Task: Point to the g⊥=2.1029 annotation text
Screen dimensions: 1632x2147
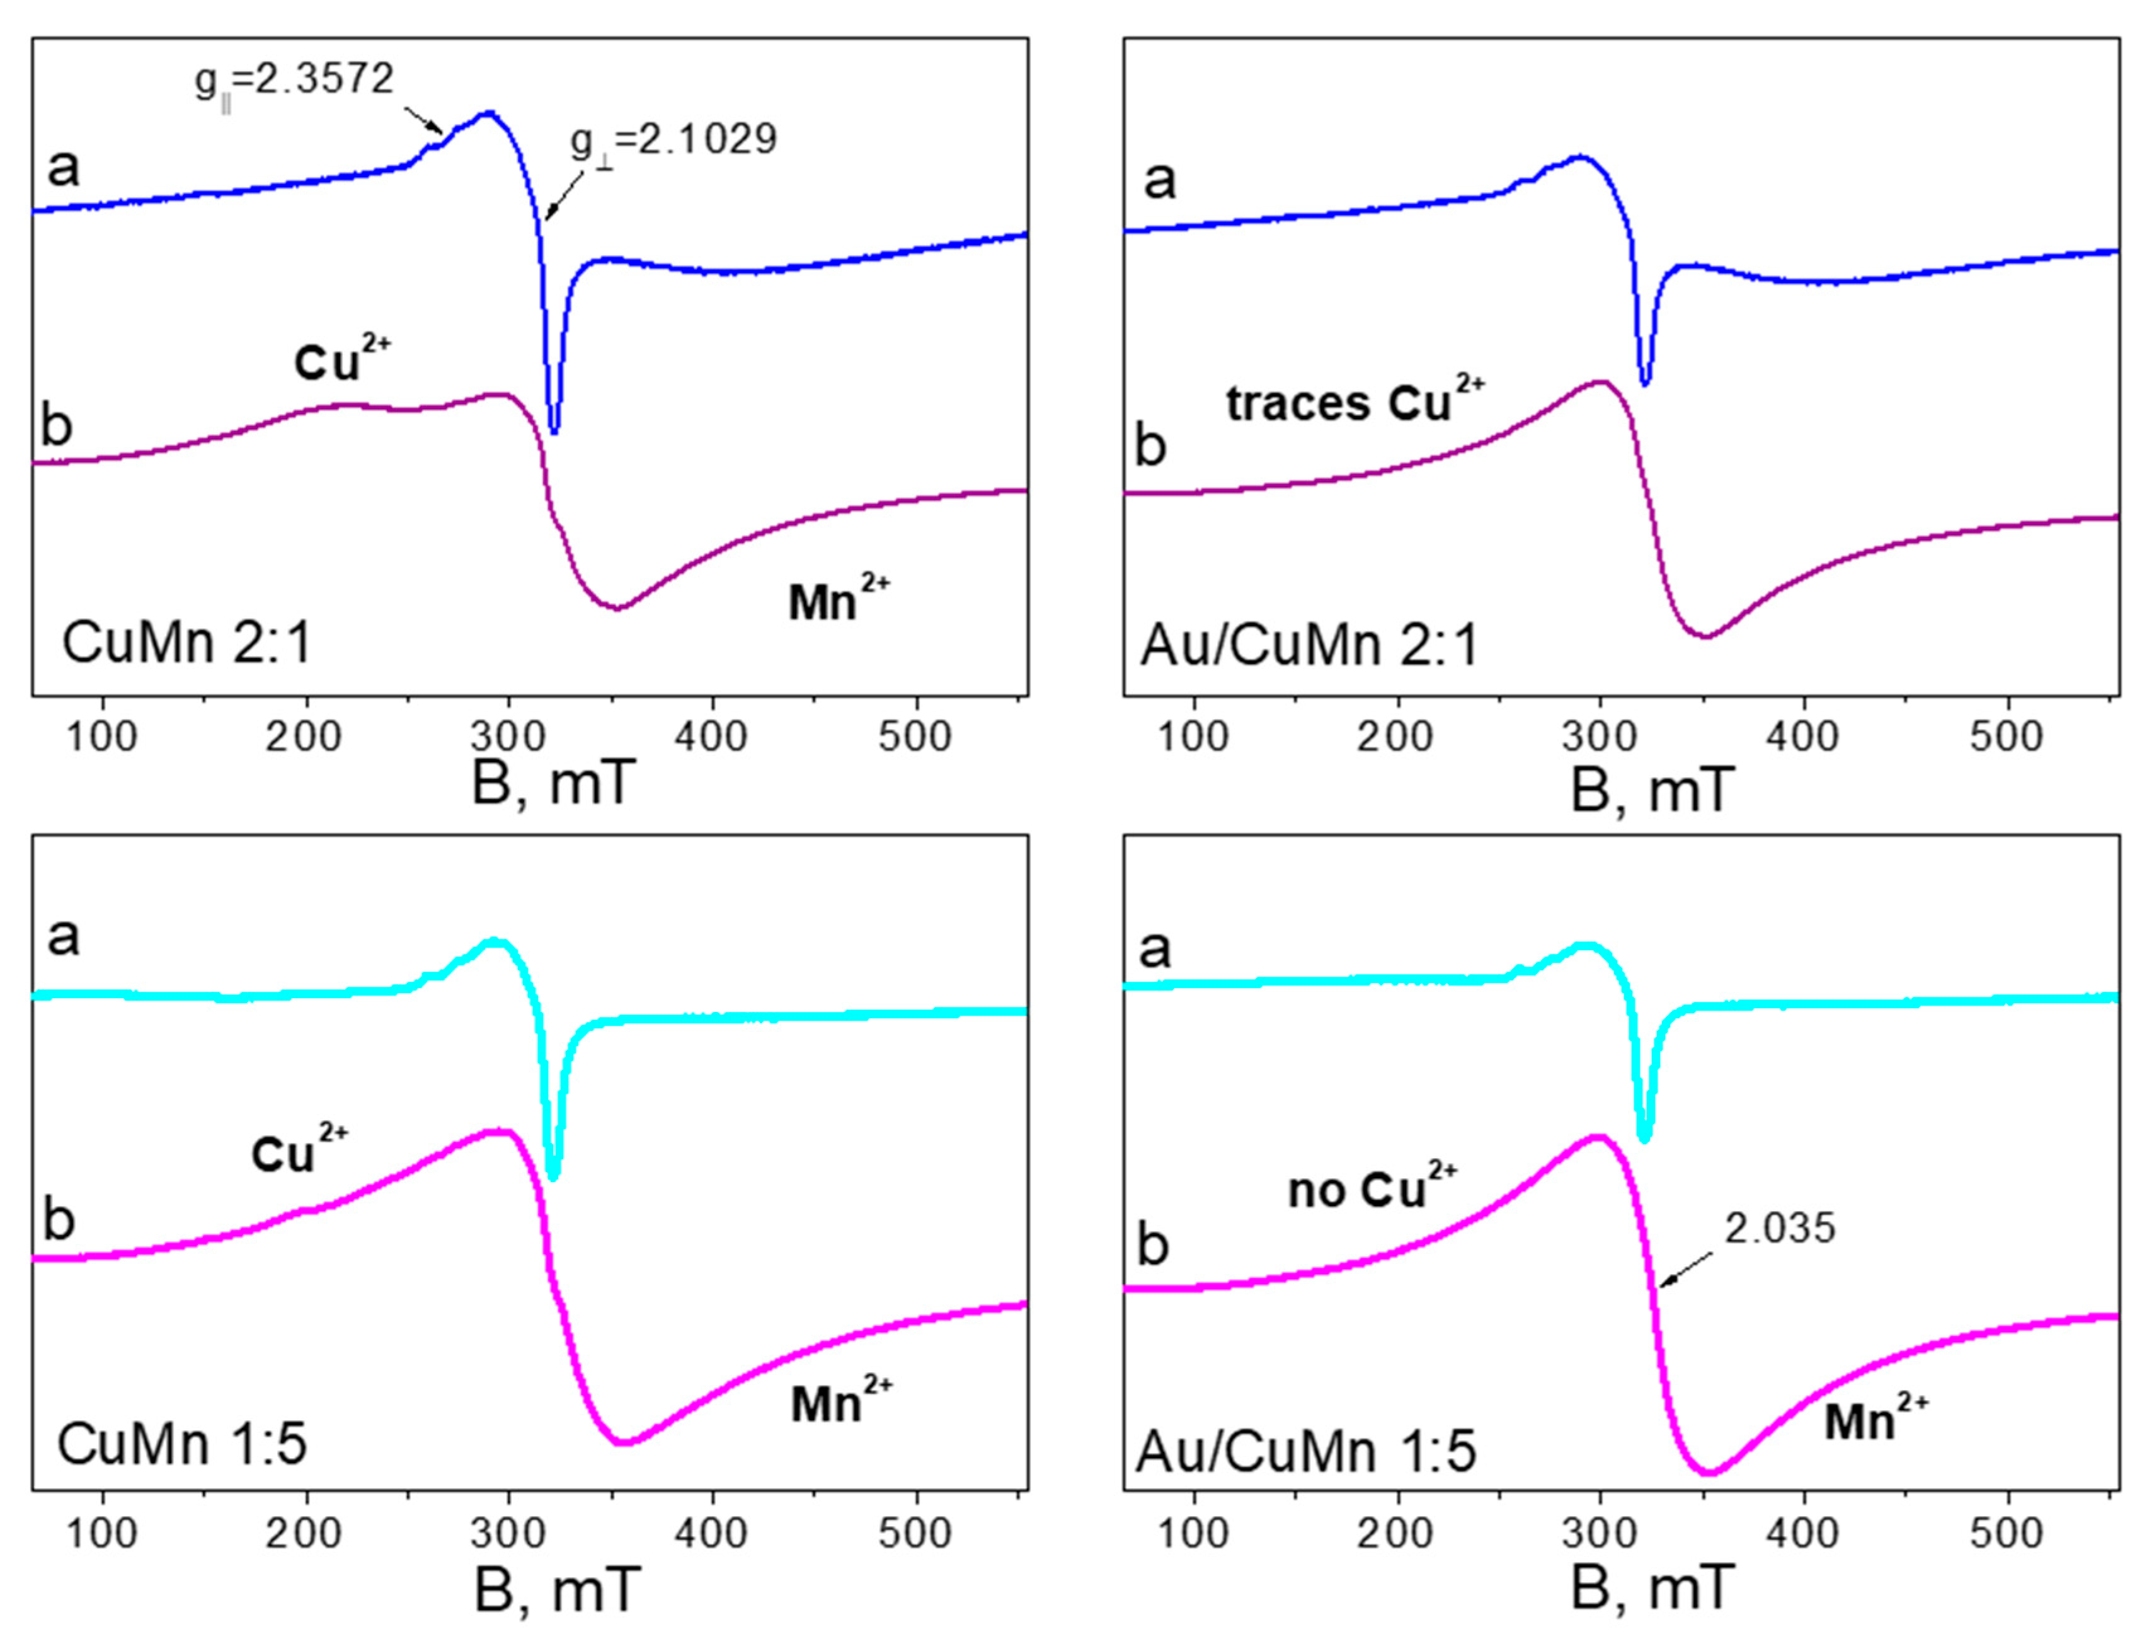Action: click(x=674, y=141)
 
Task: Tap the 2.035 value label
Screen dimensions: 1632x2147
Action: click(x=1779, y=1229)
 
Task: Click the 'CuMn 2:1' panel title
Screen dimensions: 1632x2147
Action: click(x=186, y=643)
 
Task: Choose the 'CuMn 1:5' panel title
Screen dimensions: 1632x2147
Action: click(x=181, y=1444)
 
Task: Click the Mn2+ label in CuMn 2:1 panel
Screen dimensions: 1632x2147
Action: click(x=838, y=599)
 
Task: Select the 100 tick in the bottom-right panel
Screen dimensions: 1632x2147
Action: click(x=1193, y=1534)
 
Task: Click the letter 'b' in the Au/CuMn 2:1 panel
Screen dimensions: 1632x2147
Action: click(x=1151, y=447)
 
